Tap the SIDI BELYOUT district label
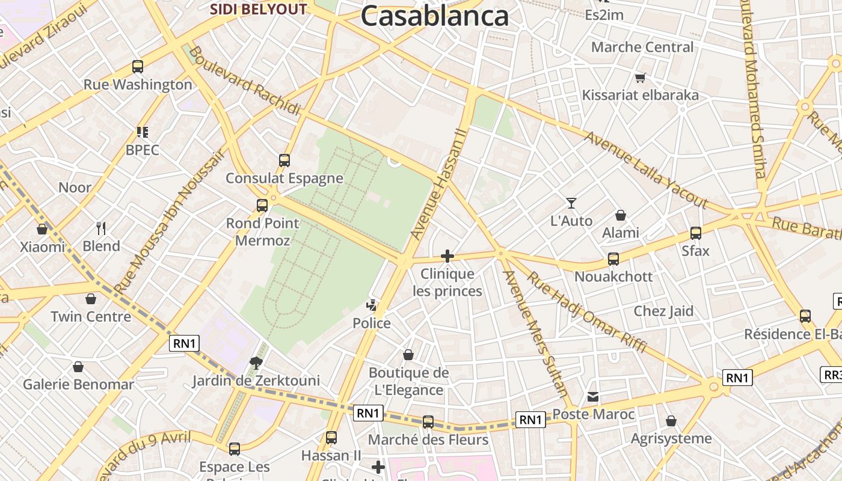pos(258,9)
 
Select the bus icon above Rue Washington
pos(138,67)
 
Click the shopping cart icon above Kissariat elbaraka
pos(640,78)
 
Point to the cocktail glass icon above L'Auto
pos(571,203)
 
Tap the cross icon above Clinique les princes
pos(447,257)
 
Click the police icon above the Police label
pos(373,305)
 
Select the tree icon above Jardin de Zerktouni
pos(256,362)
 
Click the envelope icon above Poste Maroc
pos(593,396)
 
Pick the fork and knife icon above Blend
pos(101,228)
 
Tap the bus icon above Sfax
pos(696,233)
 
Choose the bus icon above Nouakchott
pos(613,259)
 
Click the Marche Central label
pos(642,47)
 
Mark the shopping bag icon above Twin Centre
pos(91,299)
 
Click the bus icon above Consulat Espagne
pos(284,161)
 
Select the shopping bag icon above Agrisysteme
pos(671,421)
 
